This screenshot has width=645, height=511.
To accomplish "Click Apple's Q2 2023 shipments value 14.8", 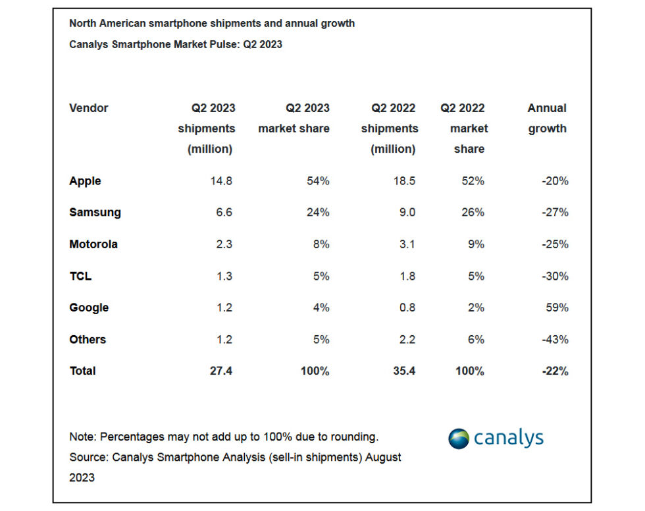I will [x=220, y=181].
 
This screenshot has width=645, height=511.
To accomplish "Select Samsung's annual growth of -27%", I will [x=555, y=213].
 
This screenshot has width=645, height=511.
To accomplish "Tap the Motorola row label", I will [x=93, y=244].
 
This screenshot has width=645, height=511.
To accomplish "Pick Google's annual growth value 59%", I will [x=557, y=308].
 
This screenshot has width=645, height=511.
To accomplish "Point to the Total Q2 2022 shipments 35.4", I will [x=403, y=371].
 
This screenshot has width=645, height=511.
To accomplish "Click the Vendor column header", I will [x=89, y=108].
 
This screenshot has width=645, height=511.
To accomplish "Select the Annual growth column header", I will [x=547, y=119].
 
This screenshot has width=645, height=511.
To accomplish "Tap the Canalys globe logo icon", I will [x=459, y=438].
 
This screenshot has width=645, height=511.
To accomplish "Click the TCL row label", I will [x=80, y=276].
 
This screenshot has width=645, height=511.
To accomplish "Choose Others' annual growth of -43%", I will [x=555, y=340].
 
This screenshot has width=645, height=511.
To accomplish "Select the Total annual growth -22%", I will [x=555, y=371].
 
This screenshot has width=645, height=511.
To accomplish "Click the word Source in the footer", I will [x=88, y=457].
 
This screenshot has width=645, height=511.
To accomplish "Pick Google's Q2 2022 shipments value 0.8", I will [x=407, y=308].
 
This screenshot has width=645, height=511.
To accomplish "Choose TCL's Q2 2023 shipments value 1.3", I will [x=224, y=276].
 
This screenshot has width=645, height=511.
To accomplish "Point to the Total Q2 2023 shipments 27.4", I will [x=220, y=371].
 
